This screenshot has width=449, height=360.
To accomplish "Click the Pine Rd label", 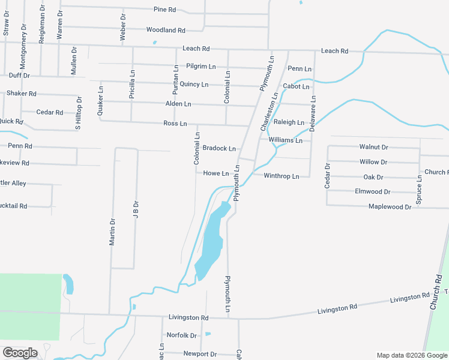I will tap(165, 10).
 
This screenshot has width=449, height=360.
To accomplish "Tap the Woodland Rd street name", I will tap(166, 30).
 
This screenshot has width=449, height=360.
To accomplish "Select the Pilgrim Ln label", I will tap(201, 66).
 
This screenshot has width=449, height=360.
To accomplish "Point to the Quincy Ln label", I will tap(194, 85).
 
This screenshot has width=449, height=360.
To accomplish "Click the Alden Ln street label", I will tap(178, 104).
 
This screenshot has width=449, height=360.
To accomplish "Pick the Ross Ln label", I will tap(175, 124).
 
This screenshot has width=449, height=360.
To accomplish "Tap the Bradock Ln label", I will tap(219, 148).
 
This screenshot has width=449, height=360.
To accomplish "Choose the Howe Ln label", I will tap(216, 174).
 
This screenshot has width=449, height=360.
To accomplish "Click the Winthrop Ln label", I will tap(282, 176).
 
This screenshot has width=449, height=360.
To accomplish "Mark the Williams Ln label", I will tap(286, 140).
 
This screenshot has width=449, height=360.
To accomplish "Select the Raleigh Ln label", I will tap(289, 122).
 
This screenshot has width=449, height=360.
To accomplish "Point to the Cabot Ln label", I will tap(297, 87).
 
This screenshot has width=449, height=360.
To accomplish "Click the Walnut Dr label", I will tap(374, 147).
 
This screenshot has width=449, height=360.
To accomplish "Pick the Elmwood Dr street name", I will tap(373, 192).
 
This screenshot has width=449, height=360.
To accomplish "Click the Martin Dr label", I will tap(112, 232).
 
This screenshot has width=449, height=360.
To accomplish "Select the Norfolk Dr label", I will tap(182, 335).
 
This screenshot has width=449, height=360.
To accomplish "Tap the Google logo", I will tap(20, 353).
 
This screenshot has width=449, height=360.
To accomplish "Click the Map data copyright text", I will tap(412, 355).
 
